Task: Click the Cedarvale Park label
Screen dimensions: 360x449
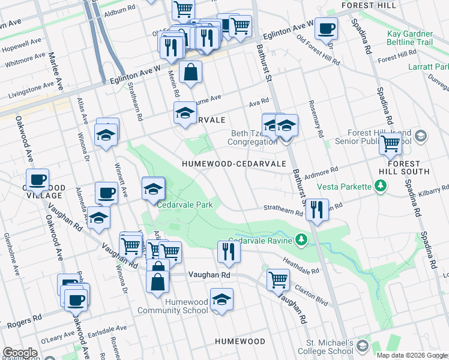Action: point(185,205)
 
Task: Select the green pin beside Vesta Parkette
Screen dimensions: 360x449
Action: point(380,187)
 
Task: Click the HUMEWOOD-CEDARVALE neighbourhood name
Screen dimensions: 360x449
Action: point(225,163)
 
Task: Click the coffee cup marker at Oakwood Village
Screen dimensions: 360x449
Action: point(37,179)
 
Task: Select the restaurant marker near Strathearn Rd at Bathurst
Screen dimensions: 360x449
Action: point(316,209)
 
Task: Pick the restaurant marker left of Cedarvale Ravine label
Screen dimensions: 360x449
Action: point(228,251)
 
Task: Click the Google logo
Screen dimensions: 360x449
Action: point(20,353)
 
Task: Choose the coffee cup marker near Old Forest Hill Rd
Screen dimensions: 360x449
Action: point(326,28)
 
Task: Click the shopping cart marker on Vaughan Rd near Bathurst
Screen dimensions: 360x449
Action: point(278,279)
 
